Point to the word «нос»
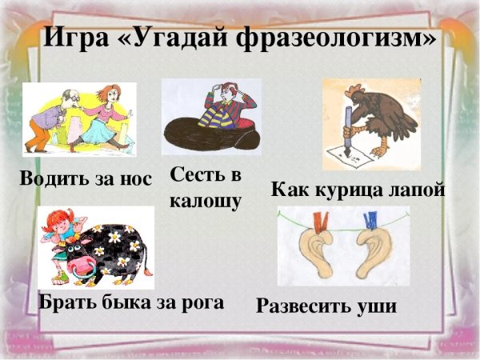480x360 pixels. tap(134, 179)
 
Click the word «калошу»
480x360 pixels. tap(205, 200)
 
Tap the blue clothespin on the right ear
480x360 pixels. tap(370, 221)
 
